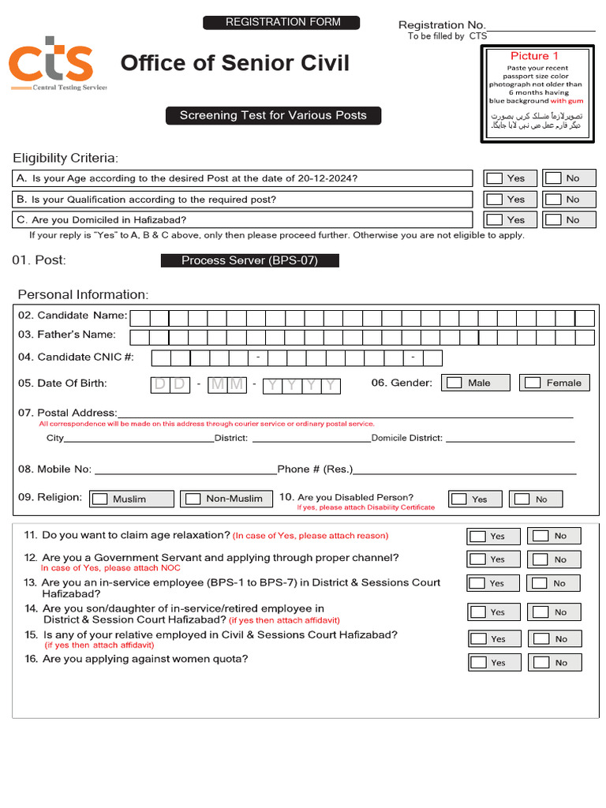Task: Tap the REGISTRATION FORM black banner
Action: point(282,22)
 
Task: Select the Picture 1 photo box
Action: point(537,94)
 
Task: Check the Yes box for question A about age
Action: point(495,178)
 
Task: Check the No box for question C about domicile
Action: point(554,220)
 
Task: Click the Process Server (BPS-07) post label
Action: point(249,260)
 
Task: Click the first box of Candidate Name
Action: point(140,318)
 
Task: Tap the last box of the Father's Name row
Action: point(585,338)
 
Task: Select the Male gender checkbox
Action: point(454,383)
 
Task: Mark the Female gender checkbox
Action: point(533,383)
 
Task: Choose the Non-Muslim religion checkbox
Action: point(193,499)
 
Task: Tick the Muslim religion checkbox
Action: point(99,499)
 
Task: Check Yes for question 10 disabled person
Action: point(458,499)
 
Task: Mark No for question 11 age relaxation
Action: point(540,536)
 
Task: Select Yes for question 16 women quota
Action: point(478,662)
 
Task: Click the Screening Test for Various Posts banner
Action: point(273,115)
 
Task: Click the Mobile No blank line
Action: point(185,471)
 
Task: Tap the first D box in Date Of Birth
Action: point(160,385)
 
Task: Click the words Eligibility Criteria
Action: point(65,158)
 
